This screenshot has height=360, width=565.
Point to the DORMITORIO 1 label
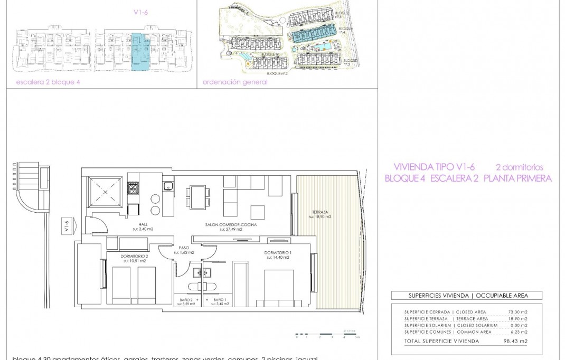pos(277,254)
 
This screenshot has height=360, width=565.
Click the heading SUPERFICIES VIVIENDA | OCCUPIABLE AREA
pos(467,296)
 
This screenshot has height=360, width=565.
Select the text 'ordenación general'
pos(235,82)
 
